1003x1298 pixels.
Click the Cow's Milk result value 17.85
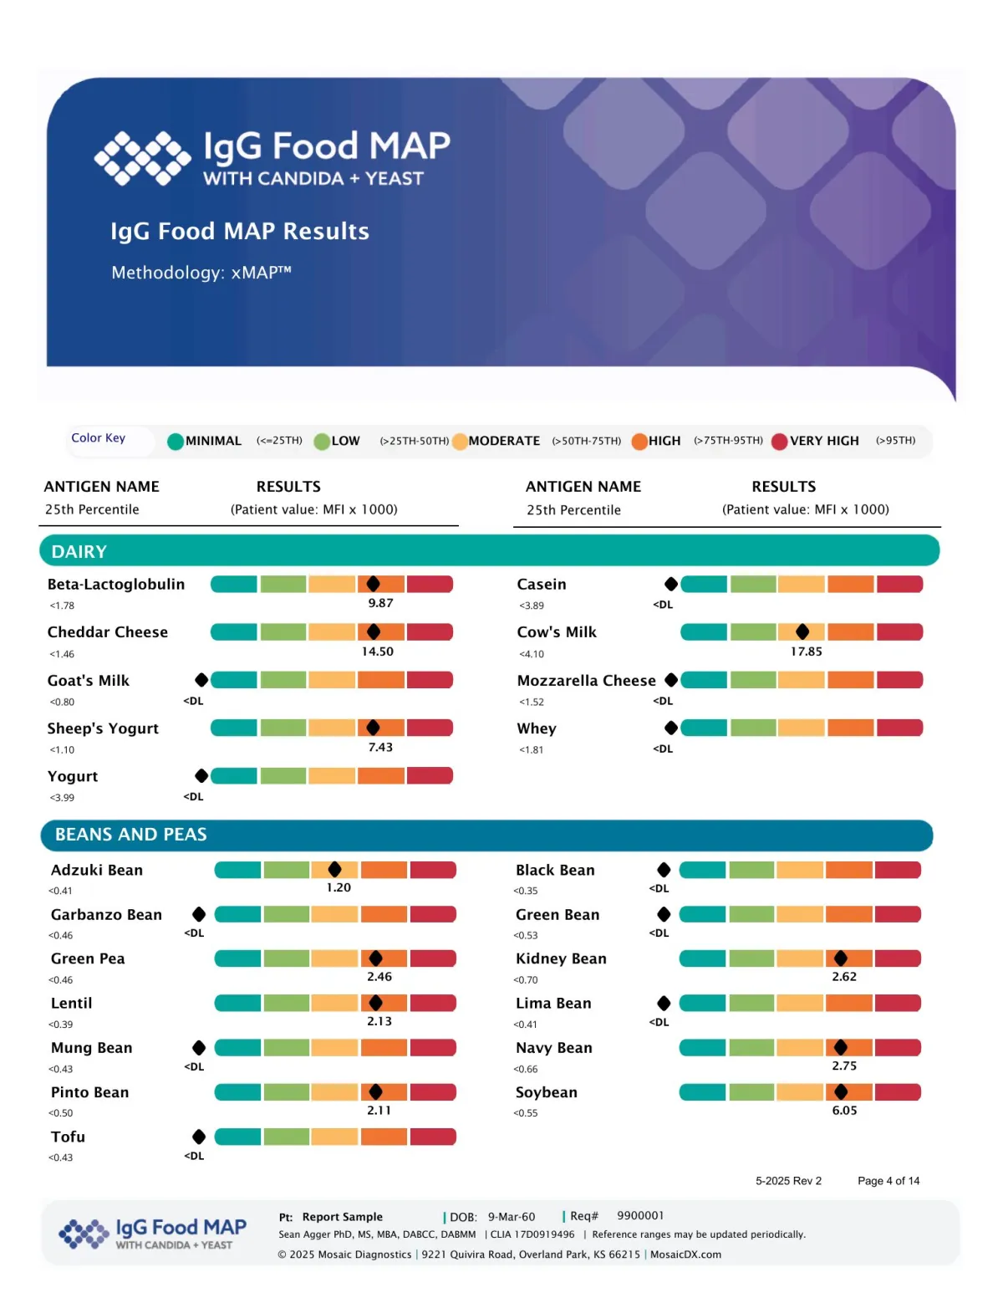point(806,652)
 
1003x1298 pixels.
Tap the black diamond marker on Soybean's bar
point(841,1091)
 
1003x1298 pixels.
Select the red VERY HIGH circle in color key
point(779,442)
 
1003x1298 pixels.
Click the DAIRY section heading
point(79,552)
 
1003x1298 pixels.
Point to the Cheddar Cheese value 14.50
point(377,652)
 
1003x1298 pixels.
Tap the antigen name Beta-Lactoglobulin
point(116,585)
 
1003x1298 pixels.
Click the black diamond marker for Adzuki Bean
point(335,870)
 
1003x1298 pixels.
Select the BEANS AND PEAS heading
point(131,835)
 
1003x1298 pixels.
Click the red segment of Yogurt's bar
point(430,776)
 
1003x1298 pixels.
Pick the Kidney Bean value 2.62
point(844,977)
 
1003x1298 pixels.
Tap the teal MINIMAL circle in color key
point(176,442)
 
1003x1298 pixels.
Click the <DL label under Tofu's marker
point(194,1156)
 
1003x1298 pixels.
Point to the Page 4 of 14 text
point(888,1181)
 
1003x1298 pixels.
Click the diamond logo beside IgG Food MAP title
point(142,157)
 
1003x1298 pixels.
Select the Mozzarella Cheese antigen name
point(586,681)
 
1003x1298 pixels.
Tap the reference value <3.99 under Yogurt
point(62,798)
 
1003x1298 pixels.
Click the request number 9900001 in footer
point(640,1216)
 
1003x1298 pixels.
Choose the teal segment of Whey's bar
point(704,728)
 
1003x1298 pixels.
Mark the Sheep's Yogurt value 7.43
point(380,748)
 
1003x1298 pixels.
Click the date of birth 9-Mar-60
point(512,1217)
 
